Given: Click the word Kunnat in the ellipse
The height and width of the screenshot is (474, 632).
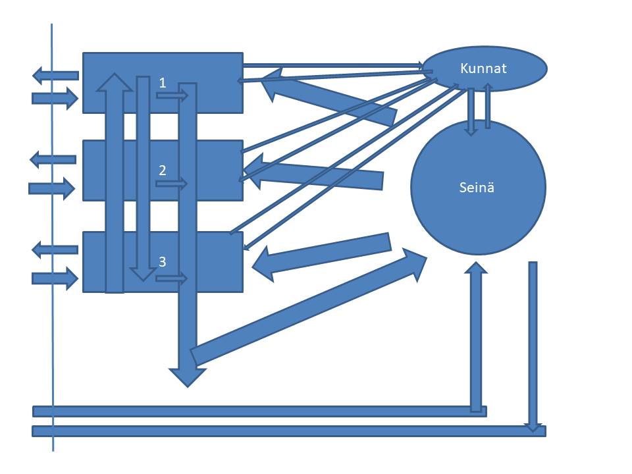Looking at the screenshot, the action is tap(483, 68).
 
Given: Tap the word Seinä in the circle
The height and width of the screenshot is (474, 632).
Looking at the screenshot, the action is tap(477, 188).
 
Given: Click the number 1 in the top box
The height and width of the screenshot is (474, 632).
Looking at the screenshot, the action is tap(163, 83).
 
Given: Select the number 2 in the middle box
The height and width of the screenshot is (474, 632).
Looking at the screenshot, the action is tap(163, 170).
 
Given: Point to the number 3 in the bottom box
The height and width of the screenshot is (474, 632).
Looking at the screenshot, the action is tap(163, 261).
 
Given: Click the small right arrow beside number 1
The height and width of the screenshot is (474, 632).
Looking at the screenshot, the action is tap(172, 95).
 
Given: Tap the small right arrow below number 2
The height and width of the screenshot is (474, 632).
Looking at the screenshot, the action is tap(172, 184).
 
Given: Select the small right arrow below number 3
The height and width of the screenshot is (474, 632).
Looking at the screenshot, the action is tap(172, 278).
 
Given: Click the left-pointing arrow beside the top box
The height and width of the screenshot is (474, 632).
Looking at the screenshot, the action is tap(55, 75).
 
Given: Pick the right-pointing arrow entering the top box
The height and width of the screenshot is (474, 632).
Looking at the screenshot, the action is tap(55, 98).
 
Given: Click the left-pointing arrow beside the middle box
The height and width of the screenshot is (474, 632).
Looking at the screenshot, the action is tap(53, 159).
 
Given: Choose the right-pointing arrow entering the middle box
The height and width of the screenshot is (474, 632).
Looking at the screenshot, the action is tap(51, 188).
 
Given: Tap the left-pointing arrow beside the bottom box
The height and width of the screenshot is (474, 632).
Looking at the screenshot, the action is tap(55, 250).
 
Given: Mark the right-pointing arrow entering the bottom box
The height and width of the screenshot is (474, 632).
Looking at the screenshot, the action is tap(55, 278).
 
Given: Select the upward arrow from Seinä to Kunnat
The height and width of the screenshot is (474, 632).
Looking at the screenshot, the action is tap(488, 105).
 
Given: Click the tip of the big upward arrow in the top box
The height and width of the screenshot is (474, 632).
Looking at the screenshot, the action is tap(115, 73).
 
